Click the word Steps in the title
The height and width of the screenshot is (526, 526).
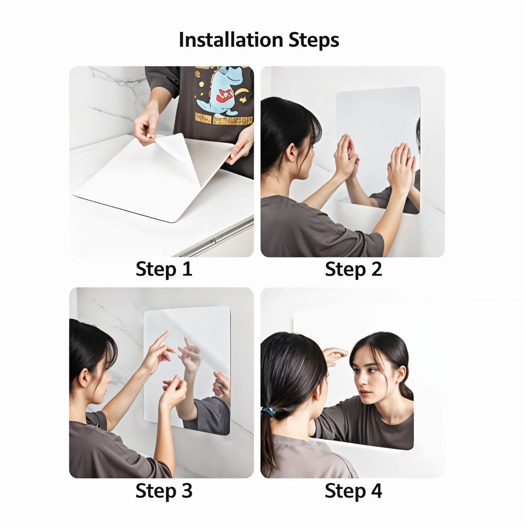pyautogui.click(x=314, y=41)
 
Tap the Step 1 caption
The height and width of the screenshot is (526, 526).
pyautogui.click(x=164, y=269)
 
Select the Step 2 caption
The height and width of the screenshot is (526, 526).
pyautogui.click(x=353, y=269)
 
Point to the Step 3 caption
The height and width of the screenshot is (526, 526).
pyautogui.click(x=164, y=491)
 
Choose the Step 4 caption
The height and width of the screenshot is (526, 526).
pyautogui.click(x=353, y=491)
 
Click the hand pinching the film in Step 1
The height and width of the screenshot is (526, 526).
pyautogui.click(x=146, y=127)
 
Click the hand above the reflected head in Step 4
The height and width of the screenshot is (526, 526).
pyautogui.click(x=334, y=356)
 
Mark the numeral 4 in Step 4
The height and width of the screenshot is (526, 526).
pyautogui.click(x=375, y=490)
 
